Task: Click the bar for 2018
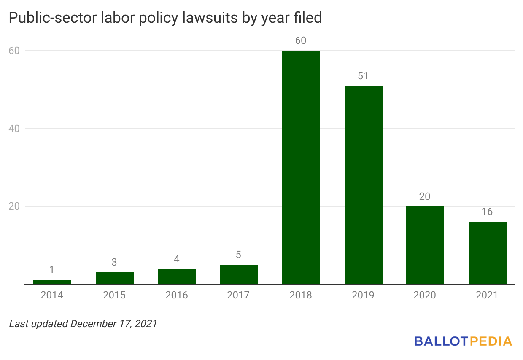pos(301,167)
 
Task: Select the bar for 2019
pos(363,185)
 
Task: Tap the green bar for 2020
pos(425,245)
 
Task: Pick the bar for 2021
pos(487,253)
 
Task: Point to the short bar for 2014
pos(52,282)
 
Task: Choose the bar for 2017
pos(239,274)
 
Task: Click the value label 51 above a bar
pos(363,76)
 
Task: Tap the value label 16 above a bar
pos(487,212)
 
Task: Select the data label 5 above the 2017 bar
pos(239,255)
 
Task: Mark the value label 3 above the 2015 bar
pos(114,262)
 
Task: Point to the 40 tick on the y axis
pos(14,129)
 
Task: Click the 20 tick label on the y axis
pos(14,206)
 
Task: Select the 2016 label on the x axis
pos(176,295)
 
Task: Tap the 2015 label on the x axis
pos(114,295)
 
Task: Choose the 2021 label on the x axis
pos(487,295)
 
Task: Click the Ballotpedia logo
pos(463,341)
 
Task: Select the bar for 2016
pos(177,276)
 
